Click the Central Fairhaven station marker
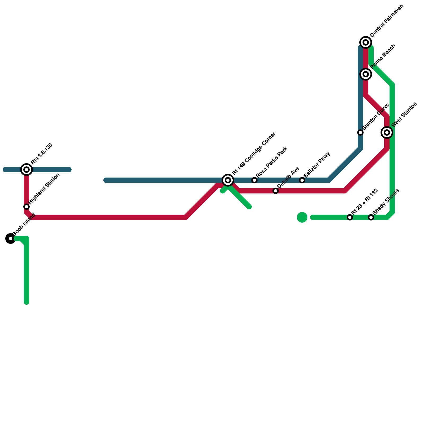coord(366,42)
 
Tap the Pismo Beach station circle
coord(366,74)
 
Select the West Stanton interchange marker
coord(387,132)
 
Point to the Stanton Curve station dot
coord(360,132)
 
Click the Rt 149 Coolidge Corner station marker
coord(228,180)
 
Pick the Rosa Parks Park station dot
coord(254,180)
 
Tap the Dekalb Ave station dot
coord(276,191)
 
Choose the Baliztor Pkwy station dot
coord(302,180)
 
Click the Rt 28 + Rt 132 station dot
coord(350,217)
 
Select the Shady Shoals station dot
coord(371,217)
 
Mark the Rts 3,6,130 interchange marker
coord(26,170)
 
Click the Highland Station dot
coord(26,207)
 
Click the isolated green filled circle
coord(302,217)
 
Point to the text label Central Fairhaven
coord(387,21)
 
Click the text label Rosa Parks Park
coord(272,162)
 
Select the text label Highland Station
coord(44,188)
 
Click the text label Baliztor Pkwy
coord(317,165)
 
